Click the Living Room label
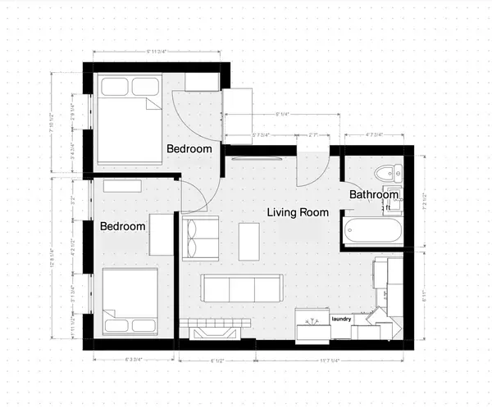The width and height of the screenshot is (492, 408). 298,212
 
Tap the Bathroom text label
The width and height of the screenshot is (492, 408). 374,194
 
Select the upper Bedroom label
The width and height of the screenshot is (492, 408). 189,149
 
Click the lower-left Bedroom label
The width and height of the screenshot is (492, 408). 123,226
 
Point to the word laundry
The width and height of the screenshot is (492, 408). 341,318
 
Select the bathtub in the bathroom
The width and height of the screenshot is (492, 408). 373,231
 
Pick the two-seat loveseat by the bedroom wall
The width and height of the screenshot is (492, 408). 200,238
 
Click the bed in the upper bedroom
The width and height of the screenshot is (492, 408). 130,119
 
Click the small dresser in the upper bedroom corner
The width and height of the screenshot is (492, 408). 201,82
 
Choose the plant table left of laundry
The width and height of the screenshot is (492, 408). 312,324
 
